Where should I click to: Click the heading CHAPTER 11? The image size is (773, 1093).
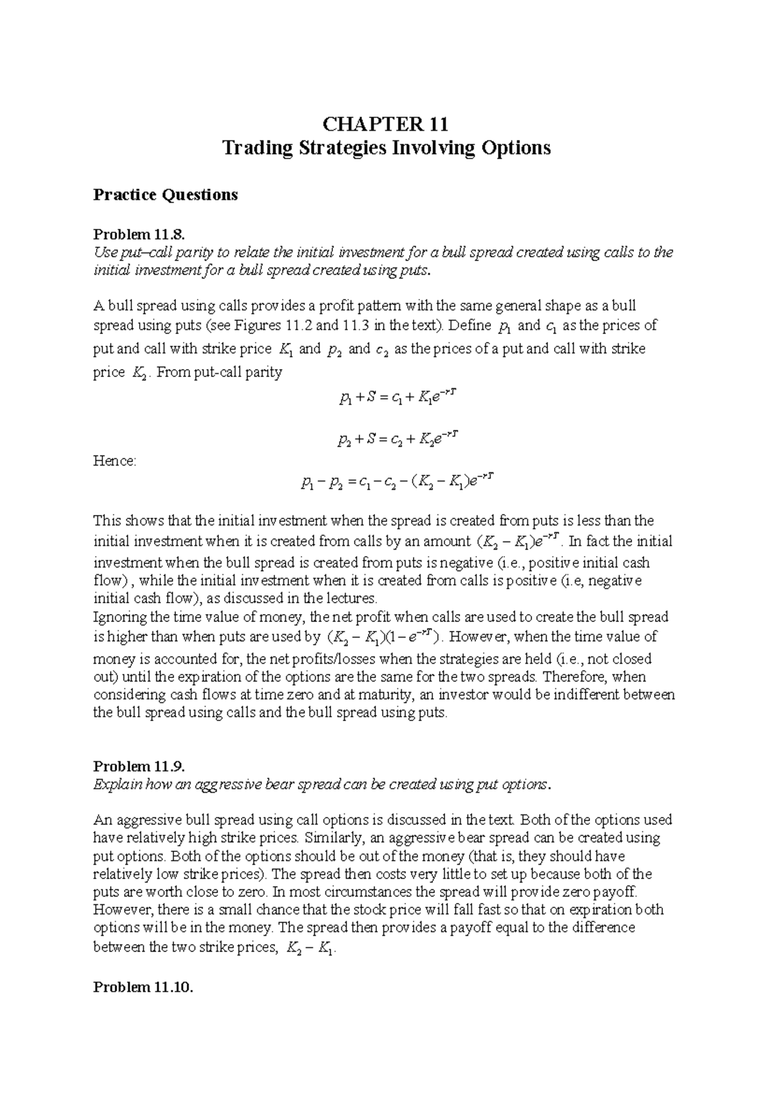[x=386, y=123]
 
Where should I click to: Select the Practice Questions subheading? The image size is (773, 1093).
[x=166, y=195]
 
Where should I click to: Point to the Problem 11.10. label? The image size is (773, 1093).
[x=143, y=987]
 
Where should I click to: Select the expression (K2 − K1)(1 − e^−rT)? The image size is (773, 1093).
[x=384, y=638]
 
